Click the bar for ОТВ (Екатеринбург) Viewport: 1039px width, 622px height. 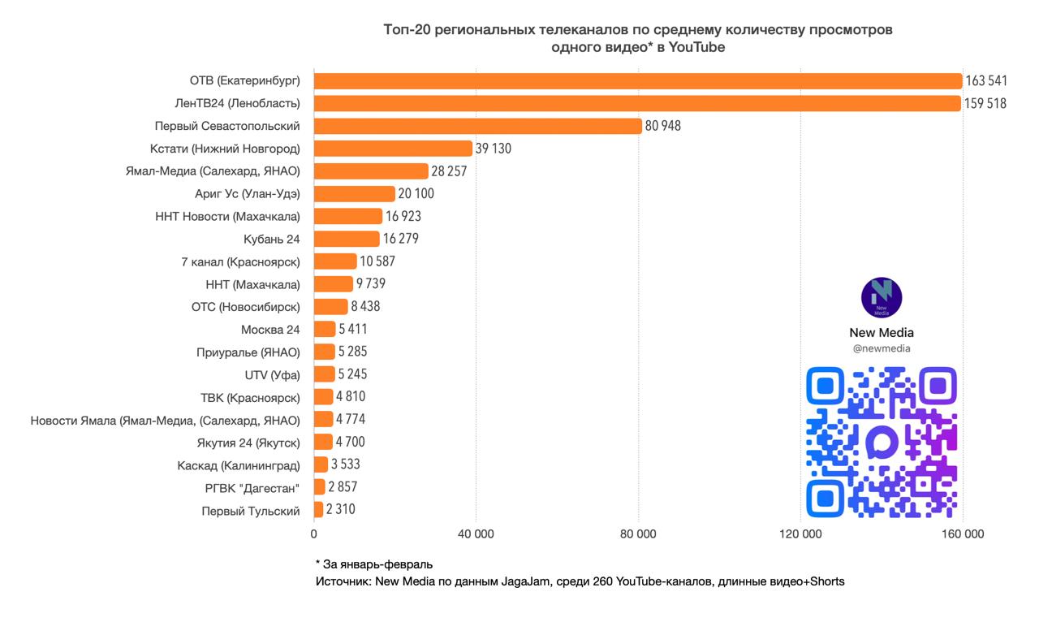(637, 81)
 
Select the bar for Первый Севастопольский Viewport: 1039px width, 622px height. (477, 126)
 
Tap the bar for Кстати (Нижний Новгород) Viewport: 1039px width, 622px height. (393, 149)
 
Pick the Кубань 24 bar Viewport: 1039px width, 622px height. (347, 239)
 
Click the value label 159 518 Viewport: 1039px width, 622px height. (985, 104)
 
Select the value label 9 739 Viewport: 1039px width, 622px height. (370, 284)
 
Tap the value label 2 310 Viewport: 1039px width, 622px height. (340, 510)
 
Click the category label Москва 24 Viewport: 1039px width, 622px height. (270, 330)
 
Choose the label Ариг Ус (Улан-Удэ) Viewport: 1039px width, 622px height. (248, 194)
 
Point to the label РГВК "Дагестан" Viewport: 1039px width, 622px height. (252, 488)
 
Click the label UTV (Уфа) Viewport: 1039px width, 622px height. (272, 375)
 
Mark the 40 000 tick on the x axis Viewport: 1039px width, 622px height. (476, 534)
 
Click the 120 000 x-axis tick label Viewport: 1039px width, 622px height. (800, 534)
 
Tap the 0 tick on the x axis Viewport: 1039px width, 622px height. (314, 534)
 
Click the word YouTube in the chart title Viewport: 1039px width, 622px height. (696, 48)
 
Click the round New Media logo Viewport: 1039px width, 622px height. (882, 297)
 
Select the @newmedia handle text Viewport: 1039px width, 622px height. (882, 348)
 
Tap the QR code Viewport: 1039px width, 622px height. (882, 442)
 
